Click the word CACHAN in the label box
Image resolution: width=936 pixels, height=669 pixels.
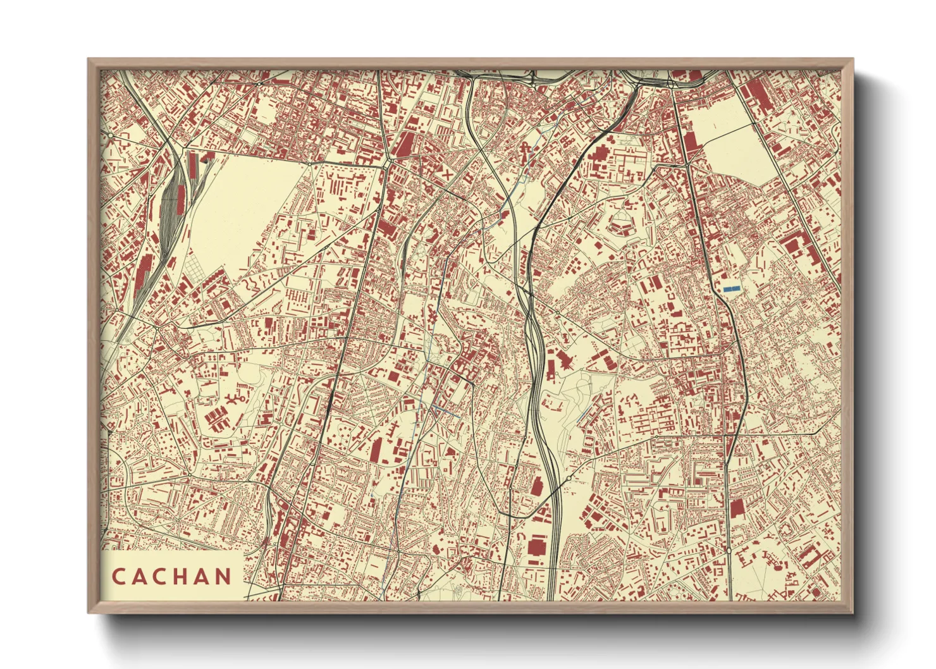pos(172,576)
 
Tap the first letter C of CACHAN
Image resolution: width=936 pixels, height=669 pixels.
pos(118,576)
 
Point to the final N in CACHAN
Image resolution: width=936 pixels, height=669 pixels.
pos(223,576)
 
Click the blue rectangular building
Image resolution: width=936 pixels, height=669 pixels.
pos(731,289)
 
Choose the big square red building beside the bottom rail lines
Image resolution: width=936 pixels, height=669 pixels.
pos(536,546)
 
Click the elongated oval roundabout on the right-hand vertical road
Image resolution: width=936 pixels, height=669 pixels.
pos(729,551)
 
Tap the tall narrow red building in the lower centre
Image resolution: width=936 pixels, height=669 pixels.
pos(376,450)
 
